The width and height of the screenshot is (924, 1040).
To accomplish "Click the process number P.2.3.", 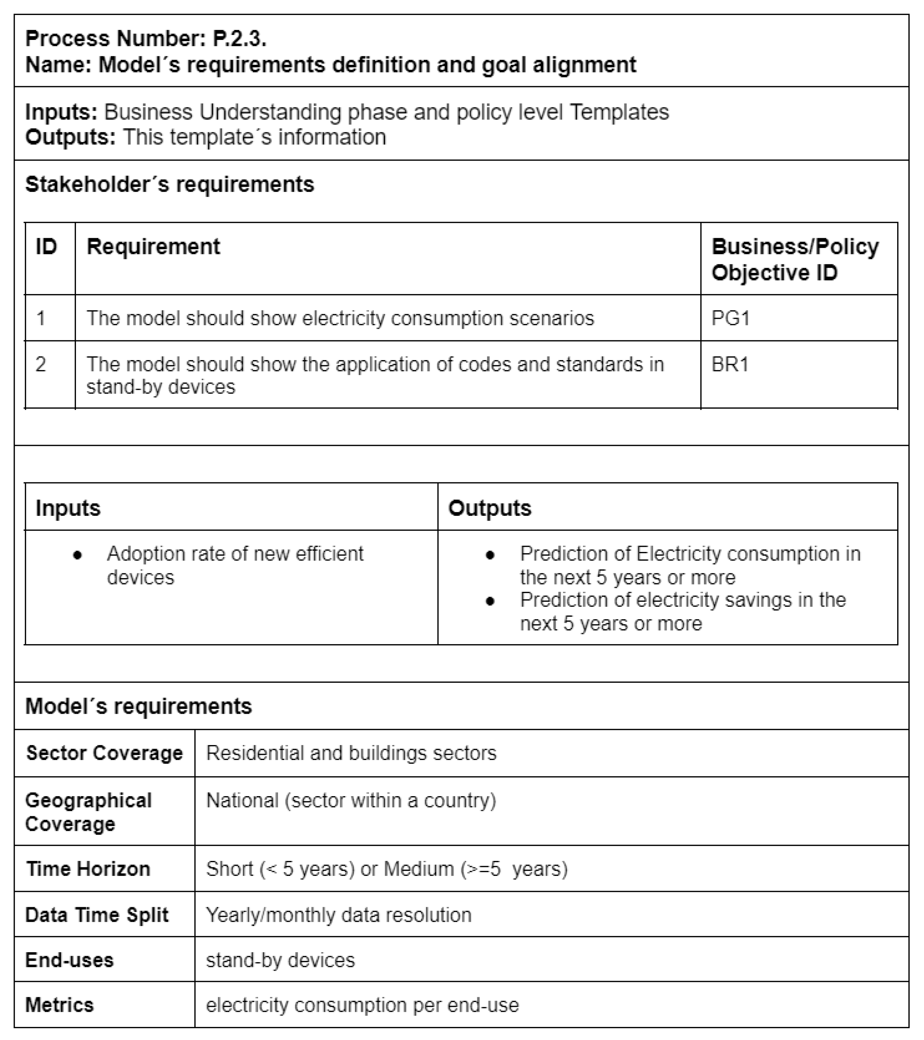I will (x=239, y=39).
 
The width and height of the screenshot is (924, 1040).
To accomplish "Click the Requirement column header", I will (x=153, y=247).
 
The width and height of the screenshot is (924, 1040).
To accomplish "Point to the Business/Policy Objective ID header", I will (x=795, y=260).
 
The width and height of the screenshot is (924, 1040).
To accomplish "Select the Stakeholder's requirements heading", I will (x=170, y=184).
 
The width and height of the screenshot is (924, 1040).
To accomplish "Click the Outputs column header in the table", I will (x=489, y=508).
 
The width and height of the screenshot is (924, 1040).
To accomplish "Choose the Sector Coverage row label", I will (x=104, y=753).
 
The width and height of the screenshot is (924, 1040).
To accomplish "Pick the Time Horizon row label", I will (x=88, y=869).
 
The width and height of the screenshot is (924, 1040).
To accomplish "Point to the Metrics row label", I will (x=59, y=1005).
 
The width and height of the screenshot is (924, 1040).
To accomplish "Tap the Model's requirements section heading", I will (x=138, y=706).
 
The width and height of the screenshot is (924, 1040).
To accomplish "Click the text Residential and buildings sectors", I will (x=351, y=753).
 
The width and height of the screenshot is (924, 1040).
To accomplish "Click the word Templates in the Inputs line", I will (x=619, y=112).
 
